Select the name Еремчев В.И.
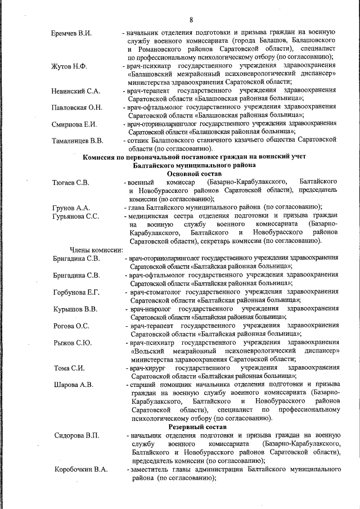coord(71,33)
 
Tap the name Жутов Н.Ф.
coord(69,66)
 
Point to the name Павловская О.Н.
coord(76,107)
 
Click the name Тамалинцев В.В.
coord(77,141)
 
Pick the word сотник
coord(138,141)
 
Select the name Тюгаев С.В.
coord(70,183)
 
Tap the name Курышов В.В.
coord(75,309)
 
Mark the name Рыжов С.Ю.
coord(73,343)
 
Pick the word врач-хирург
coord(147,368)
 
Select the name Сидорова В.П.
coord(76,436)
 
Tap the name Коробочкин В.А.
coord(80,470)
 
